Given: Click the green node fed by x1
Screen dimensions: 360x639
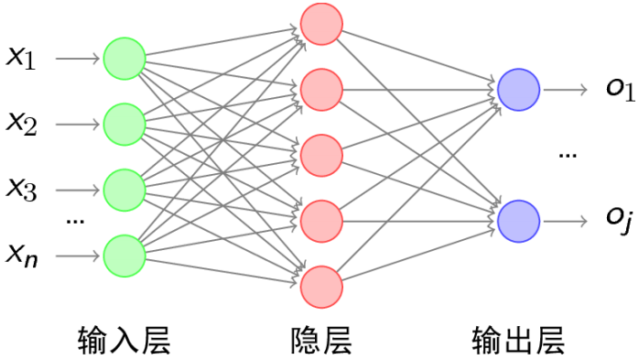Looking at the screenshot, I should tap(125, 58).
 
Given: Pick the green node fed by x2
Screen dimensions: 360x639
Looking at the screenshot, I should tap(125, 123).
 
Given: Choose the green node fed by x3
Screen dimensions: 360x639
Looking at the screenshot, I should tap(125, 189).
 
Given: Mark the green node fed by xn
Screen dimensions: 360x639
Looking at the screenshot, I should tap(125, 255).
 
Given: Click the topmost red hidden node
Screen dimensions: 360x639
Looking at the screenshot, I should tap(321, 24).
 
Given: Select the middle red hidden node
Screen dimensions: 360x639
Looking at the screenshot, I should tap(321, 155).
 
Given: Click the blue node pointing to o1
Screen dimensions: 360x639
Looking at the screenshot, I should tap(518, 90).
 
